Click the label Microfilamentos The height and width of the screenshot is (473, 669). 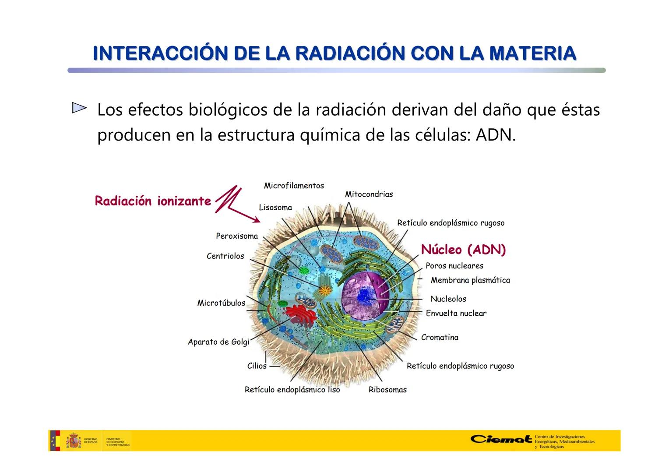pyautogui.click(x=294, y=186)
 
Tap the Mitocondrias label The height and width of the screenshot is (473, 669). pyautogui.click(x=369, y=194)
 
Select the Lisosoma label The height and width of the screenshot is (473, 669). pyautogui.click(x=275, y=208)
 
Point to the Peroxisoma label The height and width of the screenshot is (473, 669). pyautogui.click(x=237, y=236)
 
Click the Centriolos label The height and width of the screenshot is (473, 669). pyautogui.click(x=225, y=256)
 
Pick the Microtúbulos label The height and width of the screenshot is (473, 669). pyautogui.click(x=221, y=303)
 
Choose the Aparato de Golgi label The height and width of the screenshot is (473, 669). pyautogui.click(x=218, y=342)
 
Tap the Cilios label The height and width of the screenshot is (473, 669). pyautogui.click(x=257, y=366)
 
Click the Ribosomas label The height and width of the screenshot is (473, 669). pyautogui.click(x=387, y=390)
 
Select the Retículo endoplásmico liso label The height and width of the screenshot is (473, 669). pyautogui.click(x=292, y=390)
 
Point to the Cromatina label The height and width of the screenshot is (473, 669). pyautogui.click(x=440, y=337)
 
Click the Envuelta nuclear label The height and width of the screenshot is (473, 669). pyautogui.click(x=456, y=314)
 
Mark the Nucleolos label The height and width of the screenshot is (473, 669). pyautogui.click(x=448, y=299)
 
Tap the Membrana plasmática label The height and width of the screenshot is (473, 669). pyautogui.click(x=470, y=280)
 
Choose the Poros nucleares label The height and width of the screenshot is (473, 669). pyautogui.click(x=454, y=266)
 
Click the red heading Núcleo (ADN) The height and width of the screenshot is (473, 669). pyautogui.click(x=463, y=250)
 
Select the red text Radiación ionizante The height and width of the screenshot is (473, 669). pyautogui.click(x=153, y=201)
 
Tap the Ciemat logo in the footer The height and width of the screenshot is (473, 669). pyautogui.click(x=501, y=439)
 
